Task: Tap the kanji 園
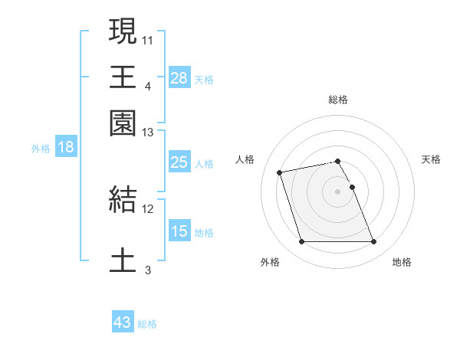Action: pyautogui.click(x=123, y=123)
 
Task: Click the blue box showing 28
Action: pyautogui.click(x=179, y=78)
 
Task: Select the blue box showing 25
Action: pyautogui.click(x=179, y=162)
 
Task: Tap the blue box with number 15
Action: pyautogui.click(x=179, y=231)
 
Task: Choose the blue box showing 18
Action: pyautogui.click(x=66, y=148)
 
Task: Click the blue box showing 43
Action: pyautogui.click(x=123, y=322)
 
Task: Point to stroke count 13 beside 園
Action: pyautogui.click(x=148, y=133)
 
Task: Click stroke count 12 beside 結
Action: pyautogui.click(x=148, y=208)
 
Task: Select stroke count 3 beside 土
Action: pyautogui.click(x=148, y=270)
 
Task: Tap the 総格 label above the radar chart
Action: pyautogui.click(x=338, y=100)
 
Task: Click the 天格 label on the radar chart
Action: pyautogui.click(x=431, y=159)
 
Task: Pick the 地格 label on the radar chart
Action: pyautogui.click(x=402, y=263)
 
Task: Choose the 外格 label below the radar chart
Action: pyautogui.click(x=270, y=263)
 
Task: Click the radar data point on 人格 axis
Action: pyautogui.click(x=280, y=172)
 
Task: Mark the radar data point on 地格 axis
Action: pyautogui.click(x=373, y=242)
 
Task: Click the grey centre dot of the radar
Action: pyautogui.click(x=338, y=191)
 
